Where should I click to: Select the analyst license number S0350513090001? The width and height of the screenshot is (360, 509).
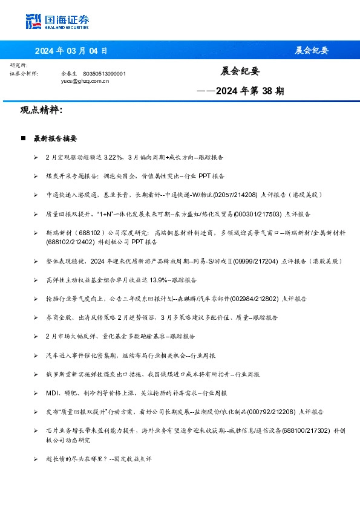[104, 73]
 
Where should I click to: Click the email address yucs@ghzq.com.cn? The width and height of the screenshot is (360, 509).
[85, 80]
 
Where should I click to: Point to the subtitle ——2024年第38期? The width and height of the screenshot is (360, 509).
[241, 92]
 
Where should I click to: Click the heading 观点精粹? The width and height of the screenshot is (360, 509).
[41, 111]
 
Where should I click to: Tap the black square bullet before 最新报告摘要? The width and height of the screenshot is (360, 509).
[23, 138]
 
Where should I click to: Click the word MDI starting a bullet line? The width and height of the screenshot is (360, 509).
[51, 393]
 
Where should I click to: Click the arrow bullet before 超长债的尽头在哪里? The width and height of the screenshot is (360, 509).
[36, 459]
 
